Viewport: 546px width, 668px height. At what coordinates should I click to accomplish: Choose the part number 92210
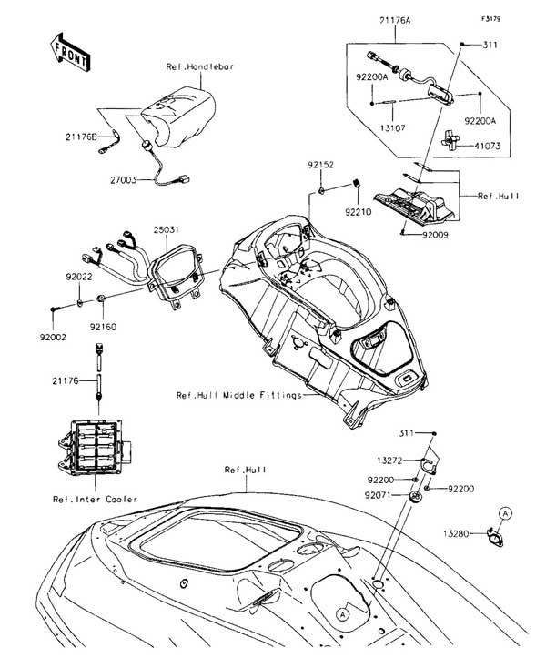(x=358, y=211)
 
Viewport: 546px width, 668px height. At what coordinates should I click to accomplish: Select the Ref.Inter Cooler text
(x=96, y=499)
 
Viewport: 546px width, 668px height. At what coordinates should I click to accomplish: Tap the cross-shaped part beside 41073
(x=448, y=138)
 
